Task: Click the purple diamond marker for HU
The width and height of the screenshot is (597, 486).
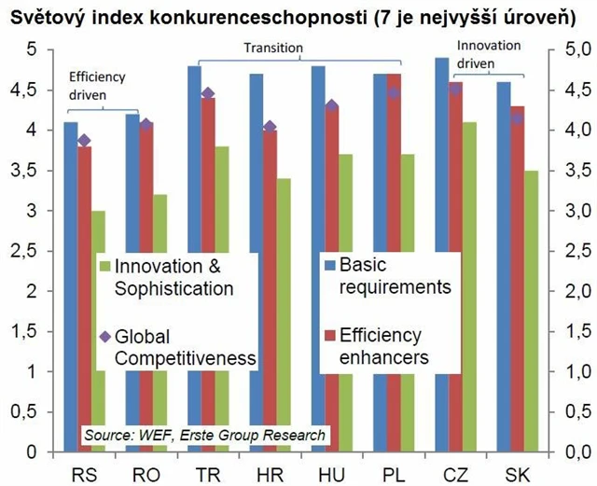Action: coord(332,106)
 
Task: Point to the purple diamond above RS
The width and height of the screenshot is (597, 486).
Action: coord(84,141)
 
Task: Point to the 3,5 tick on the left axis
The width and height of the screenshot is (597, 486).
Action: coord(25,170)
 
